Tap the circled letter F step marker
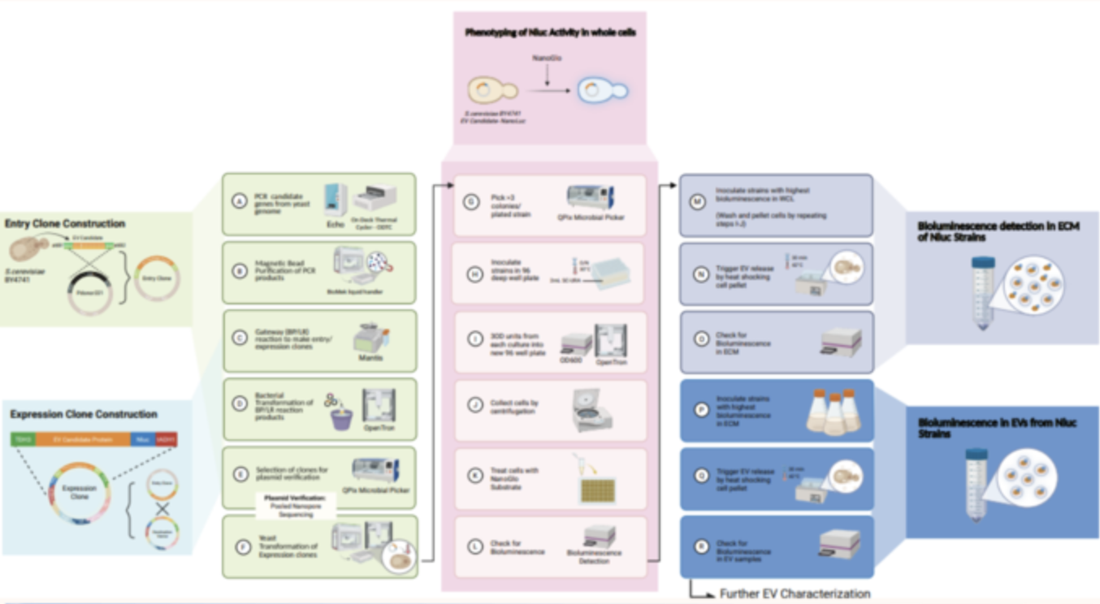coord(240,547)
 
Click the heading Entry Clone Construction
coord(65,223)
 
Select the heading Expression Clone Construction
coord(84,414)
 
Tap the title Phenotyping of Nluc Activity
coord(550,32)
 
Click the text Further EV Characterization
coord(795,593)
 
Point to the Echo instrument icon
coord(336,199)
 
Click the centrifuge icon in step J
coord(591,409)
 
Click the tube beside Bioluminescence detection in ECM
coord(983,291)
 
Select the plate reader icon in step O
coord(840,342)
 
